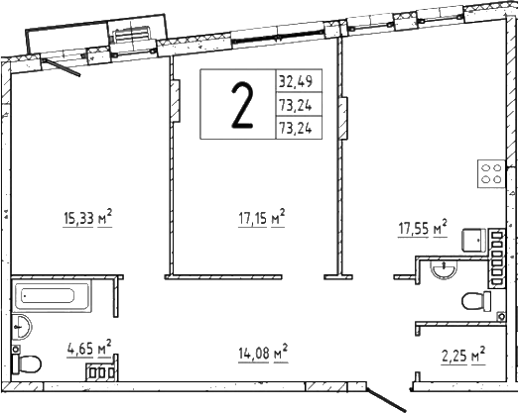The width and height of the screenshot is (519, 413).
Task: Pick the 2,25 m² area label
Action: tap(462, 355)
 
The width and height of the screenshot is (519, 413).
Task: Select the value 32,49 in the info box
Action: tap(299, 81)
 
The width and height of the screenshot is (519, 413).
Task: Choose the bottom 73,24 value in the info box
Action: tap(299, 127)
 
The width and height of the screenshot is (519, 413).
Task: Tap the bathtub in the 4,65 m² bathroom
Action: tap(61, 295)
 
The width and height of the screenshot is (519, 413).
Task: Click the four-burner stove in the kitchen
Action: tap(490, 175)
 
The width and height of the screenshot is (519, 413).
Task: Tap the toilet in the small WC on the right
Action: tap(476, 301)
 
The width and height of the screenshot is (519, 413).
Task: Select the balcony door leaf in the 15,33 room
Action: tap(64, 64)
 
